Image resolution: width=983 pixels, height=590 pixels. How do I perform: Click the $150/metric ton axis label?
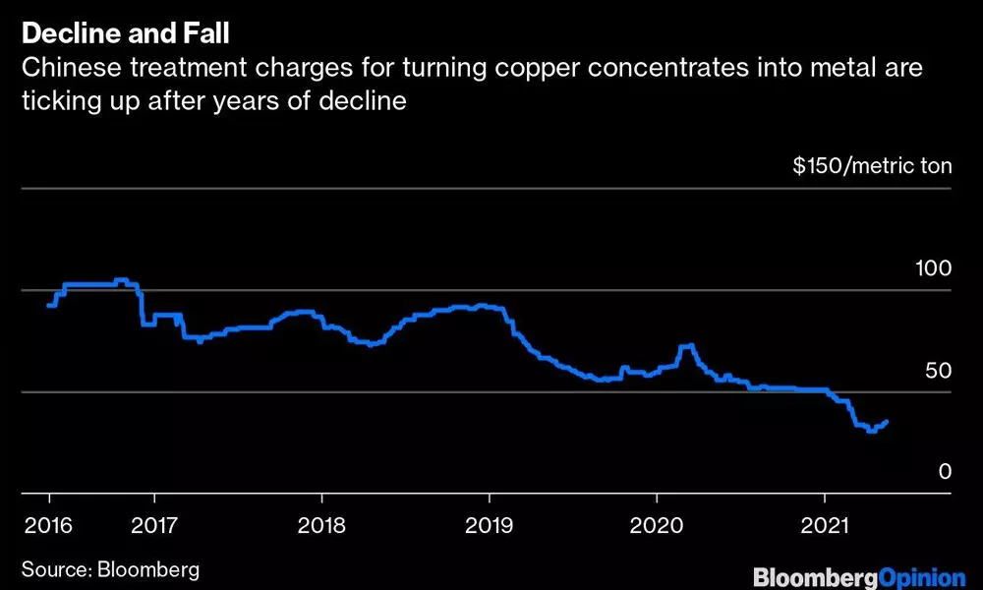(x=872, y=165)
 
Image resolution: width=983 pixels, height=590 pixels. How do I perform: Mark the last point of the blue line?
(x=887, y=422)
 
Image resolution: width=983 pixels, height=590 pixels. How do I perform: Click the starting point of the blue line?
(x=49, y=306)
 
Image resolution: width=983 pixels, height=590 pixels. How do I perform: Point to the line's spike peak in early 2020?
(x=688, y=345)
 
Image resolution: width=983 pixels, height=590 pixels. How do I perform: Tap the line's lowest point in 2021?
(x=870, y=431)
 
